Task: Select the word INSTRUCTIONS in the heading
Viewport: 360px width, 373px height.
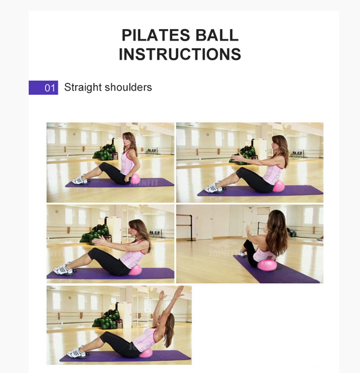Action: coord(180,54)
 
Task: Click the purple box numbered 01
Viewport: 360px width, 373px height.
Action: coord(43,87)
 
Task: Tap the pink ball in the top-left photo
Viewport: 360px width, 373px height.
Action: coord(135,179)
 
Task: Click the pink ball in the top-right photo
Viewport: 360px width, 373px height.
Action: coord(279,186)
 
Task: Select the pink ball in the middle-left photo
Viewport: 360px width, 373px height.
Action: coord(135,270)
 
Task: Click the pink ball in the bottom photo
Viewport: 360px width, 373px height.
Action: coord(146,352)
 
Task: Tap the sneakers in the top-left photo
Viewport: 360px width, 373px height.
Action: coord(79,180)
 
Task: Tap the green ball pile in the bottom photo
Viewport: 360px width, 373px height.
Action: coord(104,319)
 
